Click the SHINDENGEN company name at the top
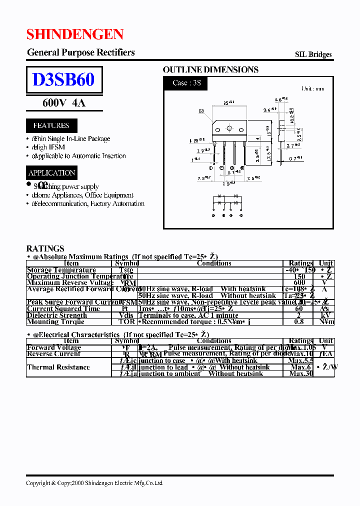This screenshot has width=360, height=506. (x=75, y=34)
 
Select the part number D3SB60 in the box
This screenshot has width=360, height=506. (x=63, y=79)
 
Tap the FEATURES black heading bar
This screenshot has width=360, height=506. (x=51, y=125)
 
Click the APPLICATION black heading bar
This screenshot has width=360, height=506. (x=51, y=173)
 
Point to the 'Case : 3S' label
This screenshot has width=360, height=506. (x=186, y=83)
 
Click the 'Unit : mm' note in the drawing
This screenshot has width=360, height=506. (x=312, y=89)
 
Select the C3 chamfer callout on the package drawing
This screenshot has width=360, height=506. (x=201, y=111)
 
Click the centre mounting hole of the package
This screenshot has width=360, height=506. (x=229, y=128)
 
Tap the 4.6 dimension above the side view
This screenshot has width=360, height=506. (x=281, y=100)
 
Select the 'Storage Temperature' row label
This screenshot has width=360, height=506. (x=61, y=270)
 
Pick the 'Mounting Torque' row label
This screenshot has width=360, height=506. (x=56, y=322)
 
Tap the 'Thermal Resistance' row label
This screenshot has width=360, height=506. (x=58, y=367)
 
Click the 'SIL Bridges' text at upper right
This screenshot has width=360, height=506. (x=313, y=54)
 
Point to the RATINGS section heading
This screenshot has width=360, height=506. (x=45, y=248)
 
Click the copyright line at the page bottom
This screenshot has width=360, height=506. (x=94, y=483)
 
